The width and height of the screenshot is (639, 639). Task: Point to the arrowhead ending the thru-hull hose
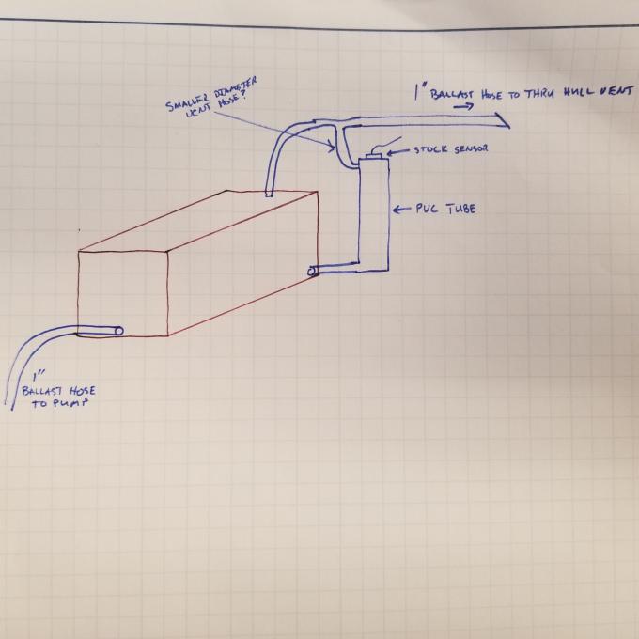[506, 122]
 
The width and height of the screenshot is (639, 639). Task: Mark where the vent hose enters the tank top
[270, 195]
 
